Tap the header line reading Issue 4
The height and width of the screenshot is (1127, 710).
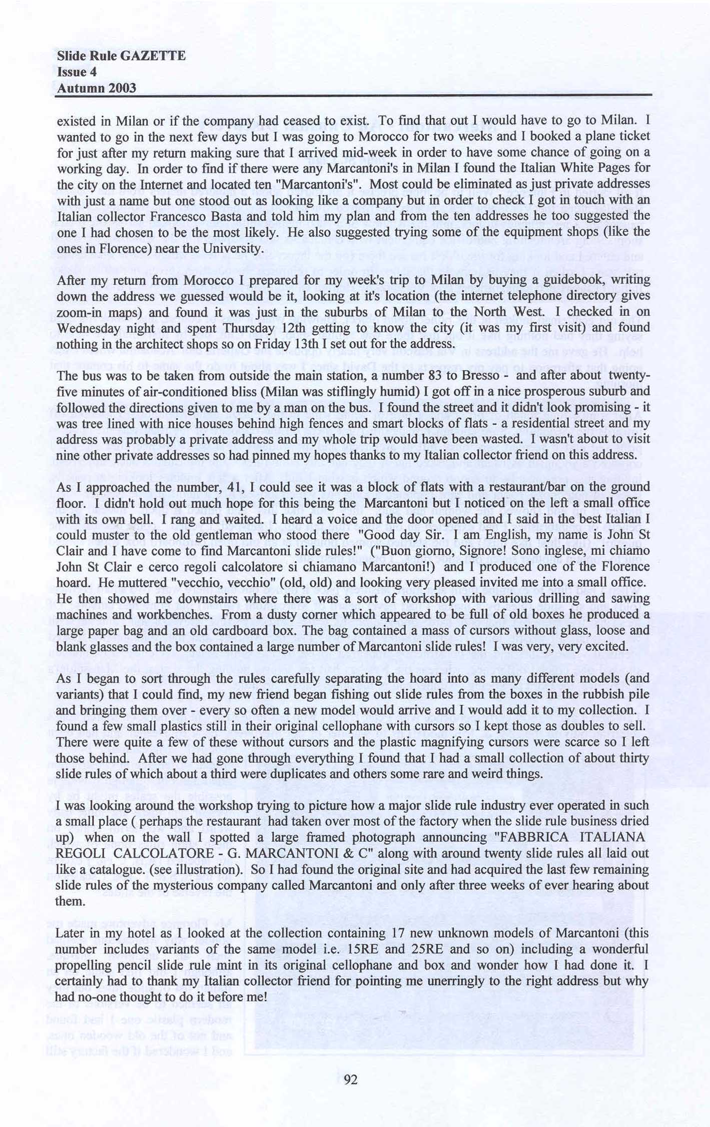[x=77, y=72]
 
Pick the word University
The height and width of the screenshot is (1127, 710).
[x=232, y=248]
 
